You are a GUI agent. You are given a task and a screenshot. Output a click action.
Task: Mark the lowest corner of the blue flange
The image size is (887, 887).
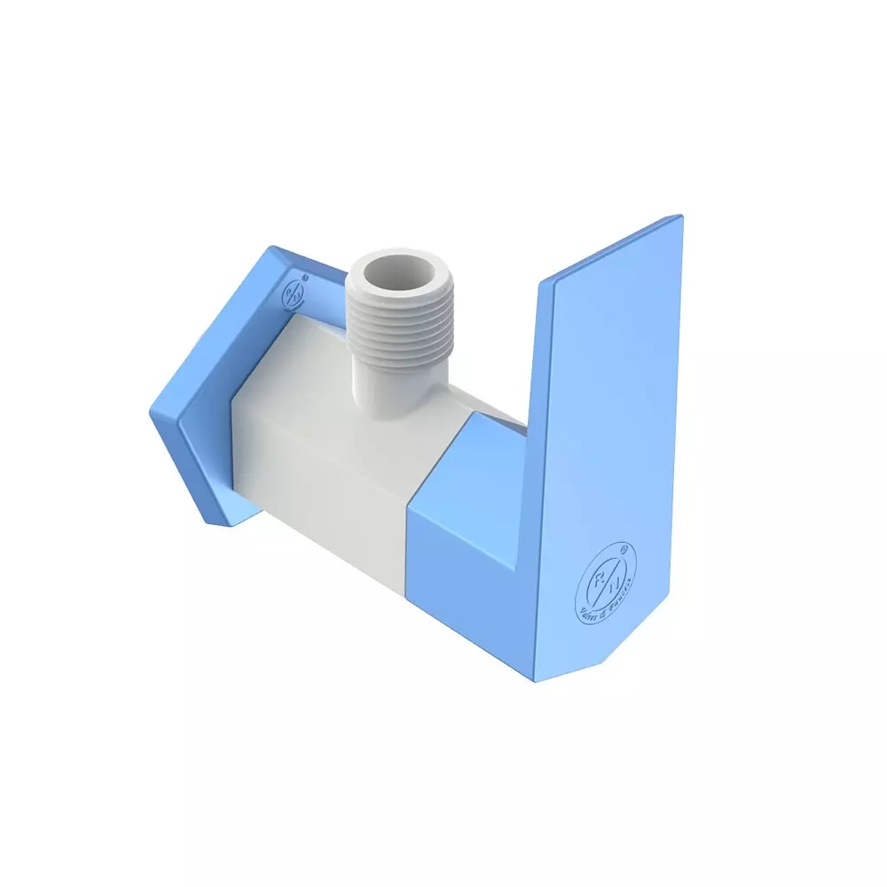pyautogui.click(x=218, y=522)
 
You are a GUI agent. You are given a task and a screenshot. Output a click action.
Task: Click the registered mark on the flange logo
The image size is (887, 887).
pyautogui.click(x=304, y=278)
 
